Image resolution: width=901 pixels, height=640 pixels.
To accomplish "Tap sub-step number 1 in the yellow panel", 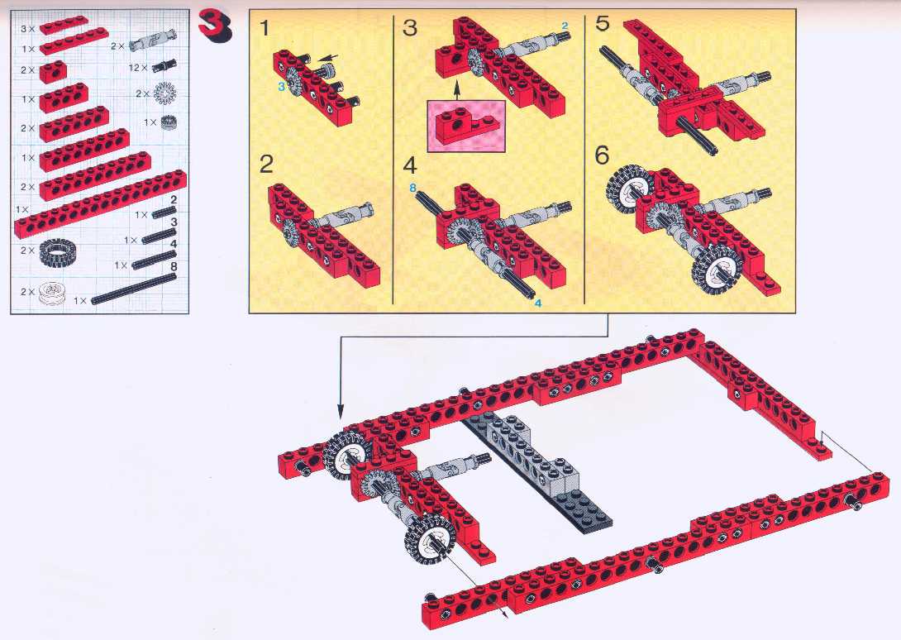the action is tap(265, 27).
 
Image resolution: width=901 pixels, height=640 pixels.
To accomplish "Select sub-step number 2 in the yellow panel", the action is tap(266, 165).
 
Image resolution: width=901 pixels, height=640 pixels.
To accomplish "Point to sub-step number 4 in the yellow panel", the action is tap(409, 165).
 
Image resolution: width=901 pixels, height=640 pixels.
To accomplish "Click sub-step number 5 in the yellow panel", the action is tap(602, 24).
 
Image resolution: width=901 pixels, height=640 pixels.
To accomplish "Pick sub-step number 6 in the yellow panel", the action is tap(602, 155).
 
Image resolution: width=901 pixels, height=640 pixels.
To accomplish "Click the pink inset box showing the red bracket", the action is tap(466, 127).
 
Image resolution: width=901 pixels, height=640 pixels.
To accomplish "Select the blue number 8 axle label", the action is tap(412, 188).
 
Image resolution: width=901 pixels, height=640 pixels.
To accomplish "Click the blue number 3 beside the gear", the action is tap(281, 87).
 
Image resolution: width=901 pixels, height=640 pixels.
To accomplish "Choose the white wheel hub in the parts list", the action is tap(52, 294).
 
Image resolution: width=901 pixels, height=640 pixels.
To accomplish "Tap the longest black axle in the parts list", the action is tap(134, 288).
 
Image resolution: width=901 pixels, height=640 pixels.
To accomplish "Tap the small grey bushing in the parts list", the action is tap(168, 122).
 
